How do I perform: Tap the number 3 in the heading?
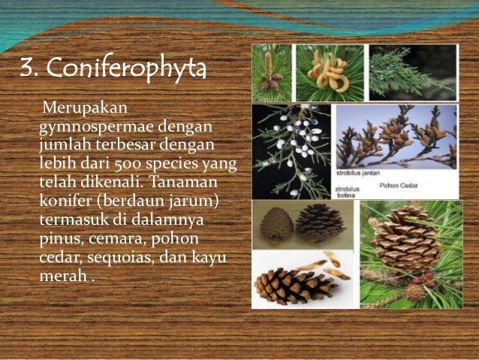point(29,71)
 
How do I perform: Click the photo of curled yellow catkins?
point(329,73)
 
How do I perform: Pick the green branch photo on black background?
point(411,73)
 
